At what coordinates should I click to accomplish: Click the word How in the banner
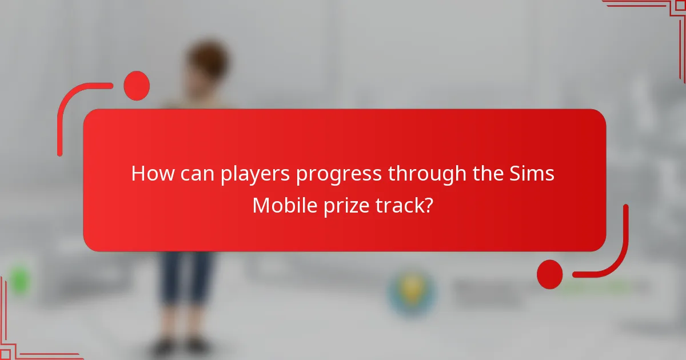[150, 174]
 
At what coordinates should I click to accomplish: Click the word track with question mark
[406, 205]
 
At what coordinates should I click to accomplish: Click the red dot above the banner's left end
[137, 86]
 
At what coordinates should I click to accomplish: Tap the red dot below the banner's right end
[550, 274]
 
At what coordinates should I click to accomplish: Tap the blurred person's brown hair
[207, 60]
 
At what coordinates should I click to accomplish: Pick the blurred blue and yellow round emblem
[412, 291]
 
